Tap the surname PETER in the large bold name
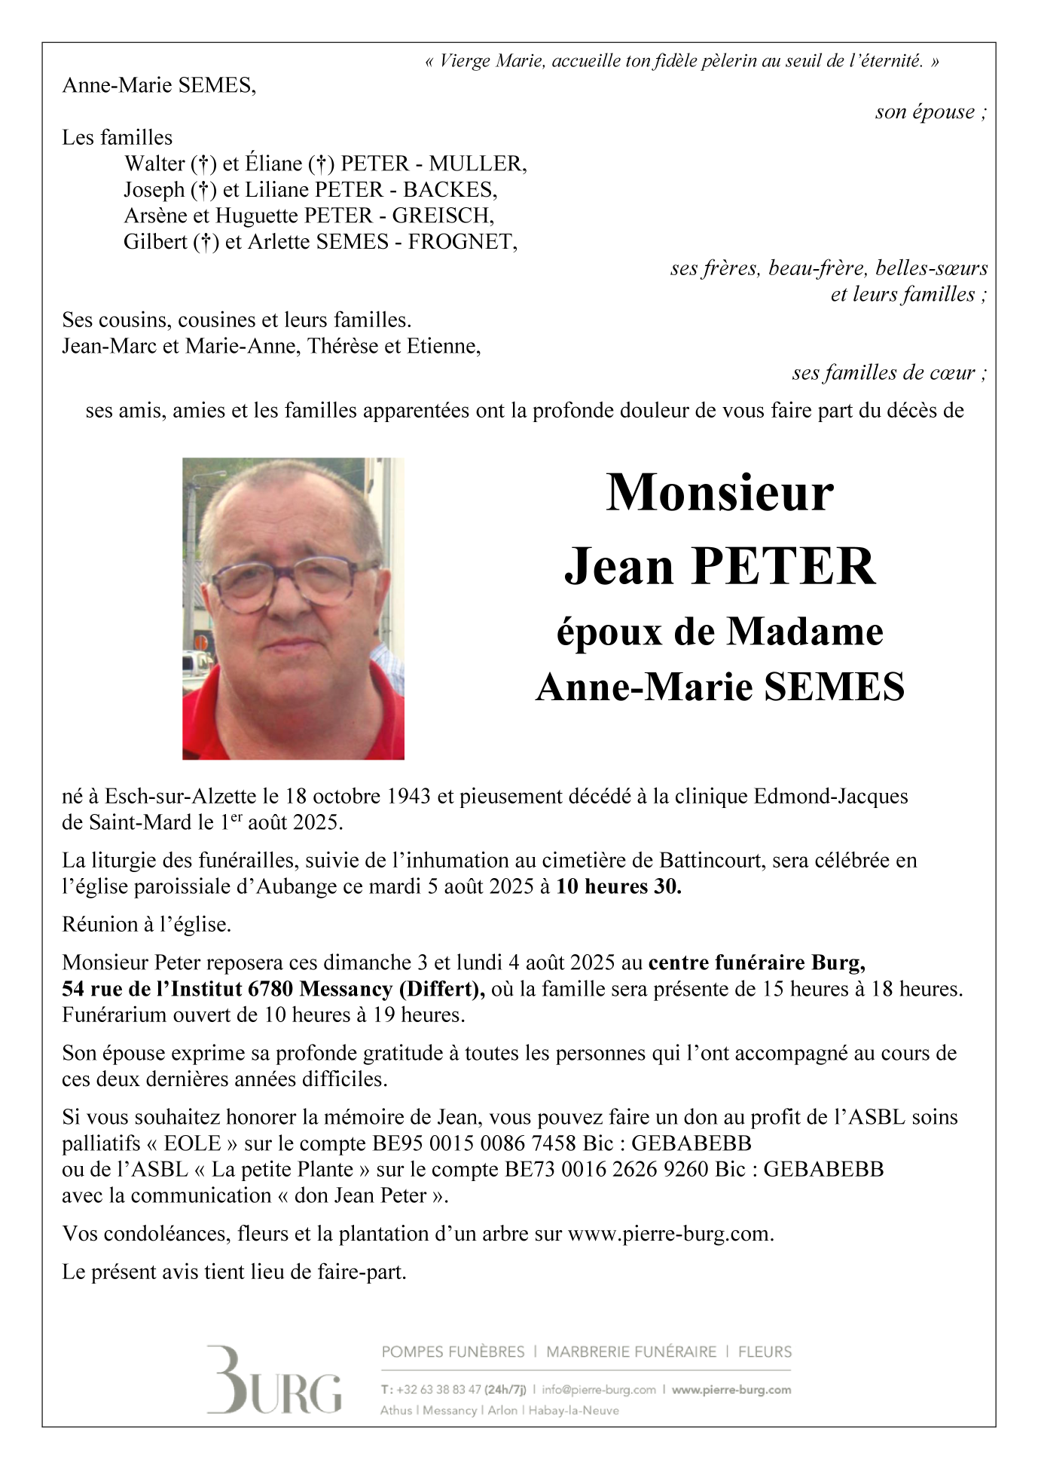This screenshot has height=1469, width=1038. tap(783, 566)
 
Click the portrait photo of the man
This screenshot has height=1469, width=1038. tap(293, 608)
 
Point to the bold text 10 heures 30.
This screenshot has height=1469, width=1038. tap(618, 886)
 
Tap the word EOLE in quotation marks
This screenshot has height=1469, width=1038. tap(192, 1143)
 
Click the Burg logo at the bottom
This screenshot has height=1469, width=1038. tap(273, 1381)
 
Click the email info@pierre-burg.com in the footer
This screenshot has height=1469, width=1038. tap(599, 1390)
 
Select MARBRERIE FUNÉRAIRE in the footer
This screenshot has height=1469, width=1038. tap(631, 1352)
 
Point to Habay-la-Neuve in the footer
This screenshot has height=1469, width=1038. tap(574, 1410)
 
